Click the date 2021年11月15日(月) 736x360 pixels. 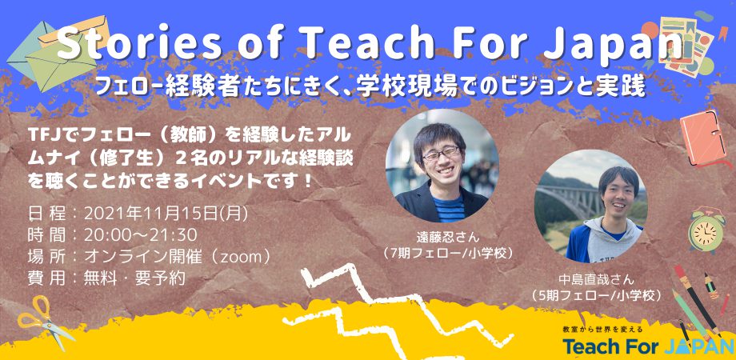tap(166, 214)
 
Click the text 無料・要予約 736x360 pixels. tap(134, 278)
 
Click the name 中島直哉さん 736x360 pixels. tap(596, 280)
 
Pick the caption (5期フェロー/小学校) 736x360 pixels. tap(596, 296)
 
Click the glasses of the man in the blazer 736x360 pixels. tap(441, 154)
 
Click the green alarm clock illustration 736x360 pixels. tap(705, 230)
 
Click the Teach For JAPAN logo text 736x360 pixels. tap(648, 346)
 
